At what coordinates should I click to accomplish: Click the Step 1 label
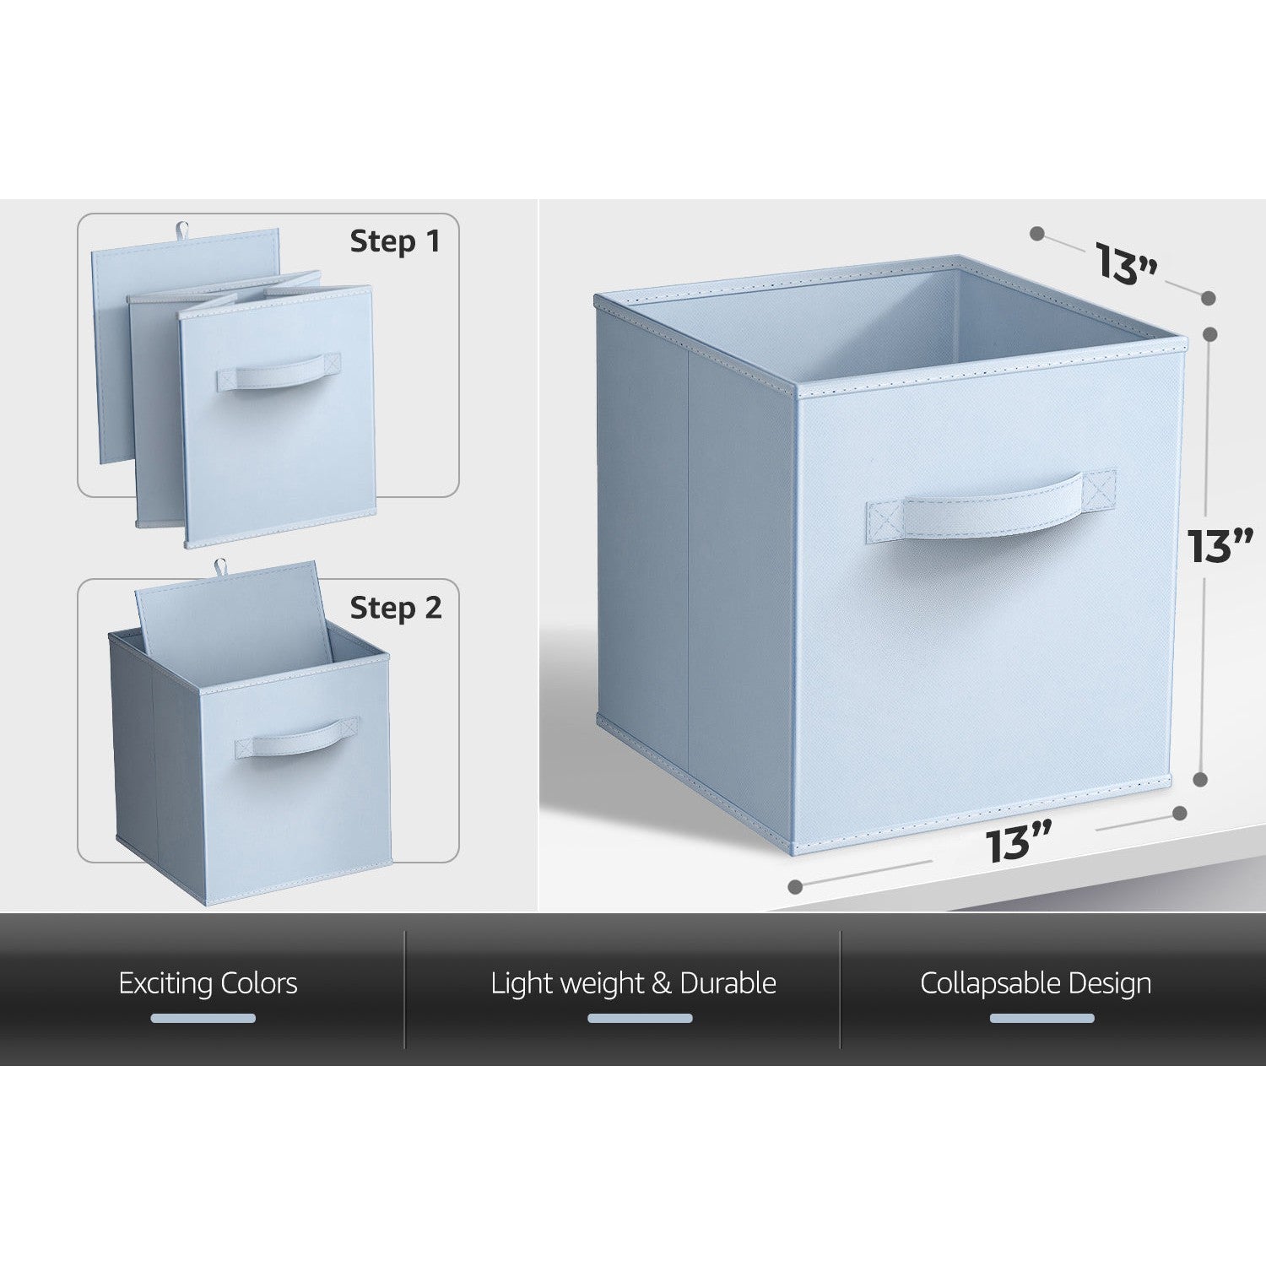pos(395,241)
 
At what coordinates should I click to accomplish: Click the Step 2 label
pos(396,608)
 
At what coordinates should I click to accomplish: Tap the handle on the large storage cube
pos(991,506)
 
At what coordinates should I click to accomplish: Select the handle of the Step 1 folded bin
pos(279,371)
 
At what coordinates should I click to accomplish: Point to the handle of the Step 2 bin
pos(297,737)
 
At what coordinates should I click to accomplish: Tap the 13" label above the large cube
pos(1127,262)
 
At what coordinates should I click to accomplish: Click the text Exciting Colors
pos(208,983)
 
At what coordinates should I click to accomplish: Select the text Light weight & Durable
pos(633,984)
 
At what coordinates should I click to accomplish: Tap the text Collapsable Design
pos(1036,984)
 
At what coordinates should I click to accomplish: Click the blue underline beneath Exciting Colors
pos(203,1019)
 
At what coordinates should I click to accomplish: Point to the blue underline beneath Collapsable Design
pos(1041,1019)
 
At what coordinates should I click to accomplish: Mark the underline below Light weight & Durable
pos(640,1019)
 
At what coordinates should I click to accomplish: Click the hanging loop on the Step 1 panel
pos(181,229)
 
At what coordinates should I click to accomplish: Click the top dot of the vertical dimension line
pos(1209,334)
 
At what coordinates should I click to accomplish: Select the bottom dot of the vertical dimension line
pos(1201,780)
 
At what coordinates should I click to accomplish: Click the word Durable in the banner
pos(728,983)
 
